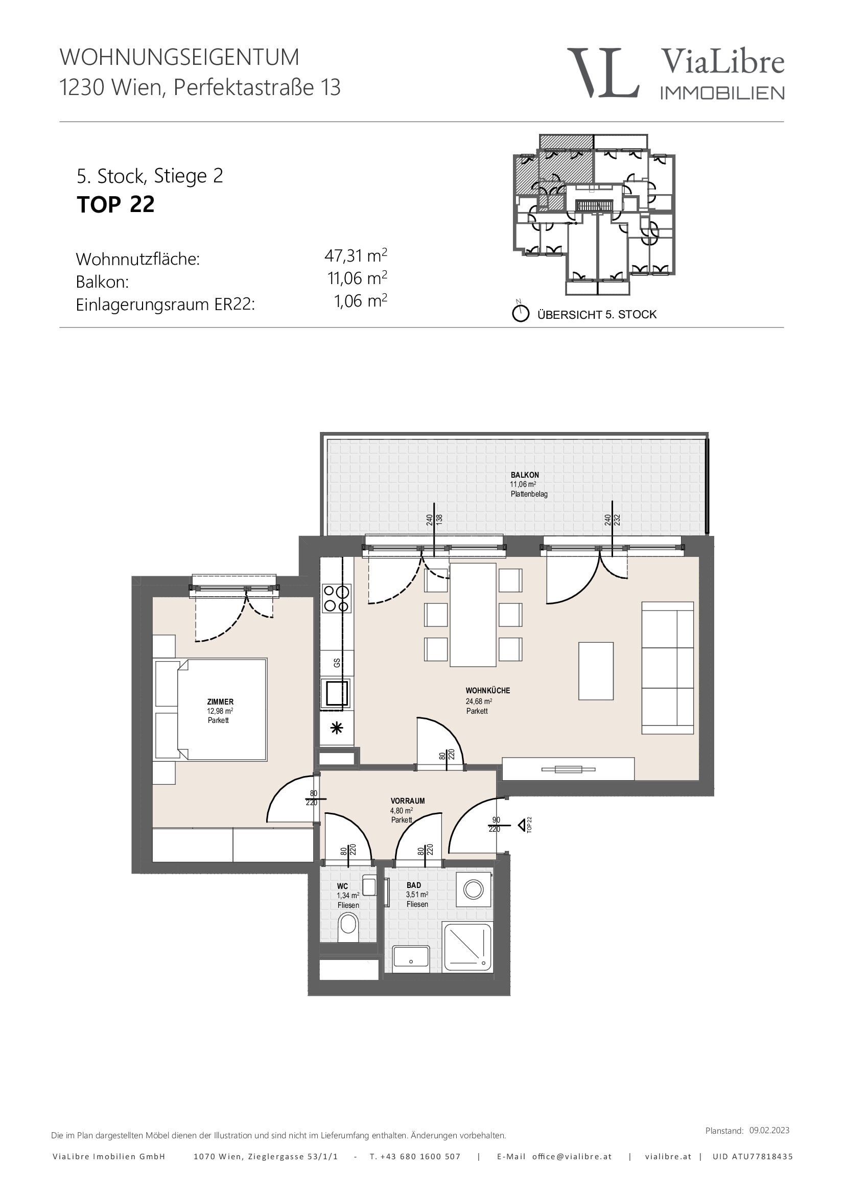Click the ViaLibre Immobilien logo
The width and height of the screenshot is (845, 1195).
tap(675, 73)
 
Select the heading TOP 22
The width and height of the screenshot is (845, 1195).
tap(115, 204)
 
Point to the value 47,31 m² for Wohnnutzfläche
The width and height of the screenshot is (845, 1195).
tap(356, 255)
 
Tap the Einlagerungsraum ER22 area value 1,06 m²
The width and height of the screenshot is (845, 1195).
tap(361, 301)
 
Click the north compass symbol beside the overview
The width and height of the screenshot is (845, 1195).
tap(520, 313)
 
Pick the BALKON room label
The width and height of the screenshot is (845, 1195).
tap(525, 475)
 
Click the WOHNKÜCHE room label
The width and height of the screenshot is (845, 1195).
tap(487, 690)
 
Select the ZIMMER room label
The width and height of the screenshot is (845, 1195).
tap(220, 701)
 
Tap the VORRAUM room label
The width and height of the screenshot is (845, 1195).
tap(407, 801)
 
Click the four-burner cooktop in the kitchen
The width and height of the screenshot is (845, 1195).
tap(337, 598)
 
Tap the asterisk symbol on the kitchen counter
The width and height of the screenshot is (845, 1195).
tap(337, 728)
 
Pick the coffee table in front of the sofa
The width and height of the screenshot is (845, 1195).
tap(596, 671)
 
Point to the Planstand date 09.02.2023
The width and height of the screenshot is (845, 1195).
tap(769, 1130)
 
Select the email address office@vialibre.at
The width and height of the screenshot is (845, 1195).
tap(572, 1157)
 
